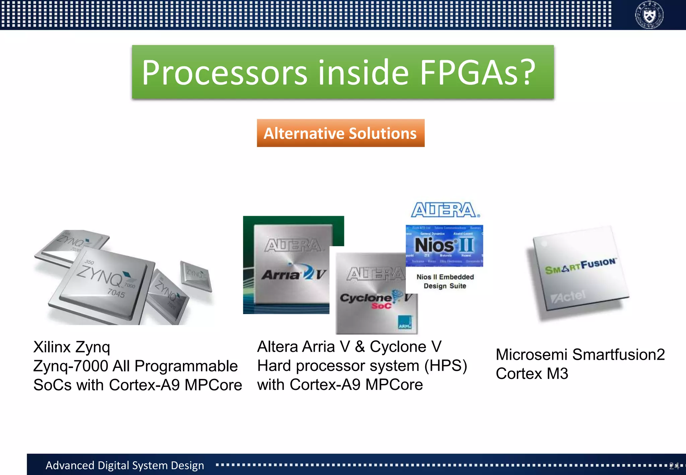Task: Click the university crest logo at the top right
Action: coord(649,15)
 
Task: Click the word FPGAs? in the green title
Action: coord(477,72)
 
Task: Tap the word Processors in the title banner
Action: coord(224,72)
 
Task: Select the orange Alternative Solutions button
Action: coord(340,133)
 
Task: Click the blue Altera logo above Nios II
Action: coord(445,210)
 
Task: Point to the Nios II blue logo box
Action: coord(444,246)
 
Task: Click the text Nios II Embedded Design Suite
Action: coord(445,281)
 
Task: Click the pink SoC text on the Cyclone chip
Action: coord(381,306)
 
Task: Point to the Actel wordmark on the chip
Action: coord(568,296)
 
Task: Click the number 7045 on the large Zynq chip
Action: coord(116,293)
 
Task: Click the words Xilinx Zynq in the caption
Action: coord(72,347)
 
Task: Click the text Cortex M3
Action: coord(532,374)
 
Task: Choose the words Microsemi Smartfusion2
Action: coord(580,354)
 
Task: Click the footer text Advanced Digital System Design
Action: coord(125,465)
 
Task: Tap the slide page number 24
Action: coord(674,466)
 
